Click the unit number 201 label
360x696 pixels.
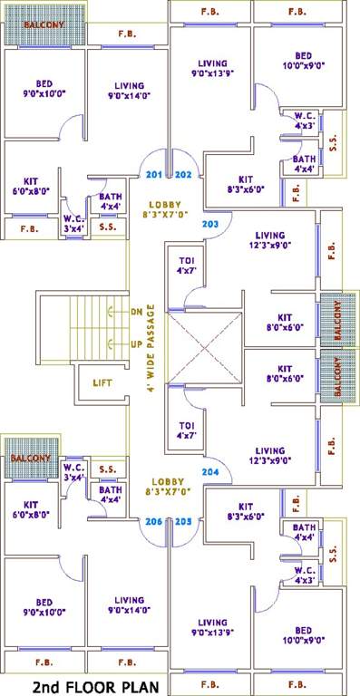click(153, 174)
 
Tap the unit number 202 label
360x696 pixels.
click(182, 174)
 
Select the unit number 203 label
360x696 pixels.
click(209, 223)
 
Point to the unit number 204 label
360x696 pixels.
click(209, 472)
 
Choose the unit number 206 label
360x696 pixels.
click(153, 521)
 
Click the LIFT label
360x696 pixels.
click(102, 382)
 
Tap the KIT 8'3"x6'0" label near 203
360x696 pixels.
click(245, 184)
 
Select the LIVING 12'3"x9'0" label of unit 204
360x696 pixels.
click(269, 456)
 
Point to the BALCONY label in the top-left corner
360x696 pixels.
click(43, 26)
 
